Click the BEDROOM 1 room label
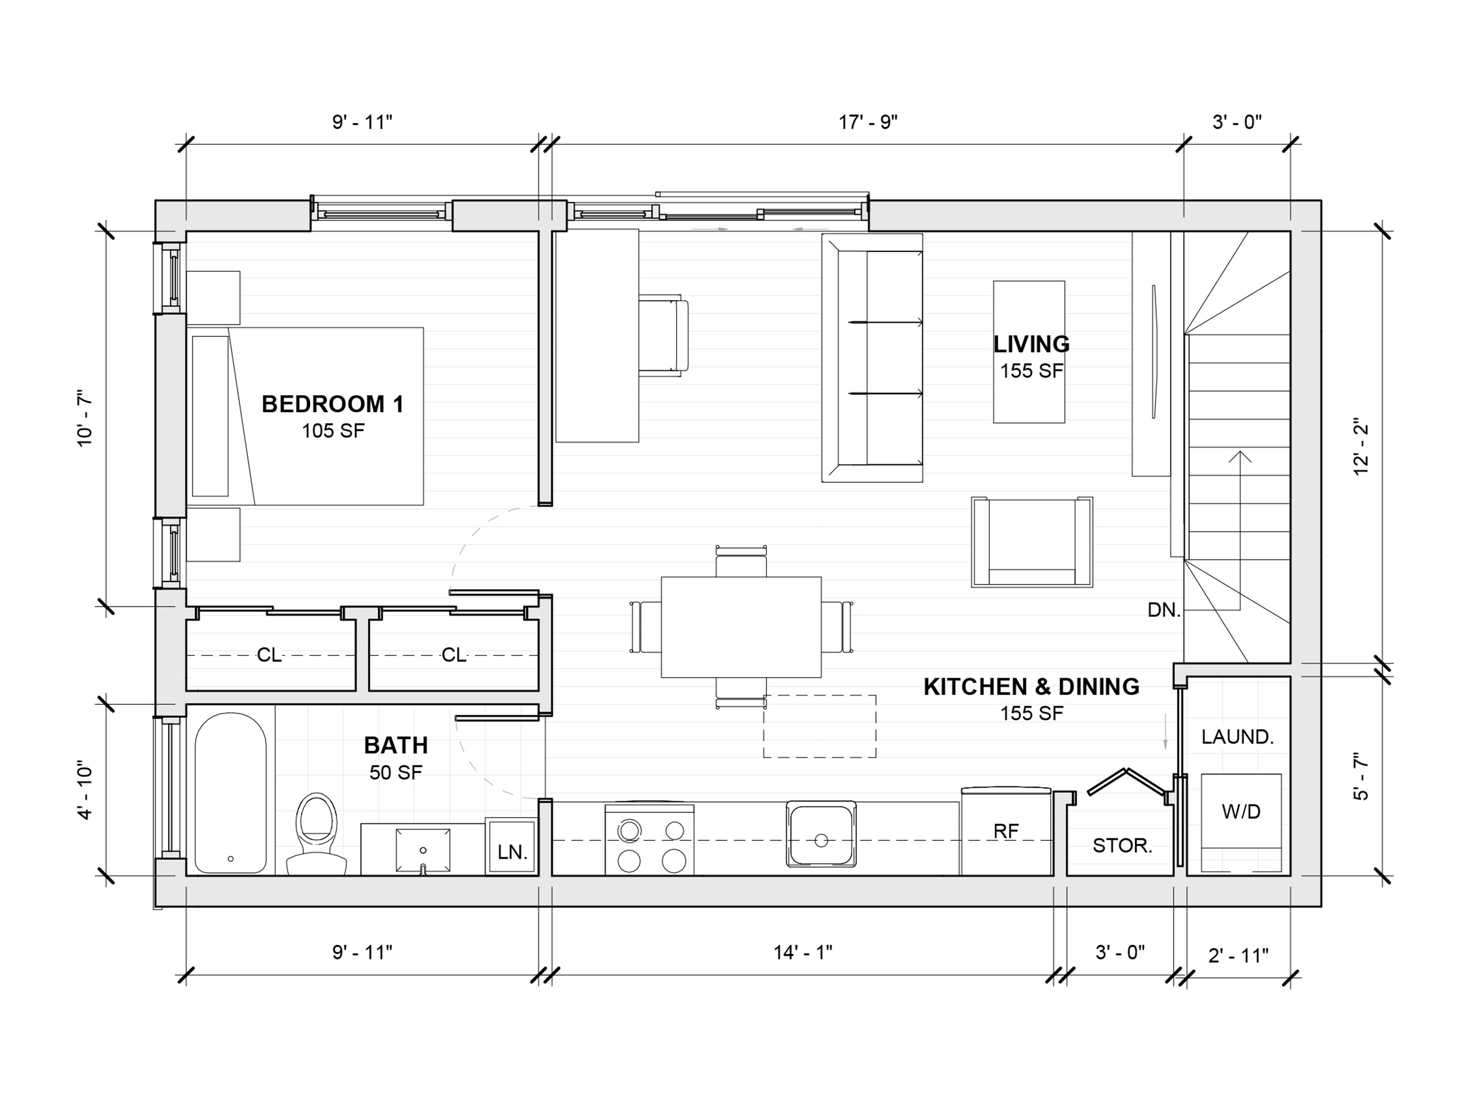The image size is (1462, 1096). click(x=333, y=404)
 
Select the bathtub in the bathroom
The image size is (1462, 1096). click(x=231, y=792)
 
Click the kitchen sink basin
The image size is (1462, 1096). click(x=821, y=834)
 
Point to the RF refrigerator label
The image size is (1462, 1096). click(x=1006, y=831)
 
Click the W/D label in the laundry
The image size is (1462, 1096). click(x=1241, y=811)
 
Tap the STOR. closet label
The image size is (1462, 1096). click(x=1122, y=845)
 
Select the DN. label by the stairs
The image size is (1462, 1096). click(x=1164, y=609)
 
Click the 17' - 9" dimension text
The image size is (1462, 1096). click(x=868, y=122)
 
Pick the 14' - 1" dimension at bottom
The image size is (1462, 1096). click(x=802, y=952)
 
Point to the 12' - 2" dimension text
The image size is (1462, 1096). click(x=1360, y=446)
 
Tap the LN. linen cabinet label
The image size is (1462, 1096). click(x=512, y=852)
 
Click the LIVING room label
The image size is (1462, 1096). click(x=1031, y=343)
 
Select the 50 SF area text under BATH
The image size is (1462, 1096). click(x=395, y=771)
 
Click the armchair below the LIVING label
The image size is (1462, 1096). click(x=1032, y=542)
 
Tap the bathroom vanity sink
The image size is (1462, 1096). click(x=423, y=850)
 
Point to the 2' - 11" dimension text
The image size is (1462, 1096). click(x=1238, y=955)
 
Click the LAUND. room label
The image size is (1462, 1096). click(x=1237, y=737)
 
